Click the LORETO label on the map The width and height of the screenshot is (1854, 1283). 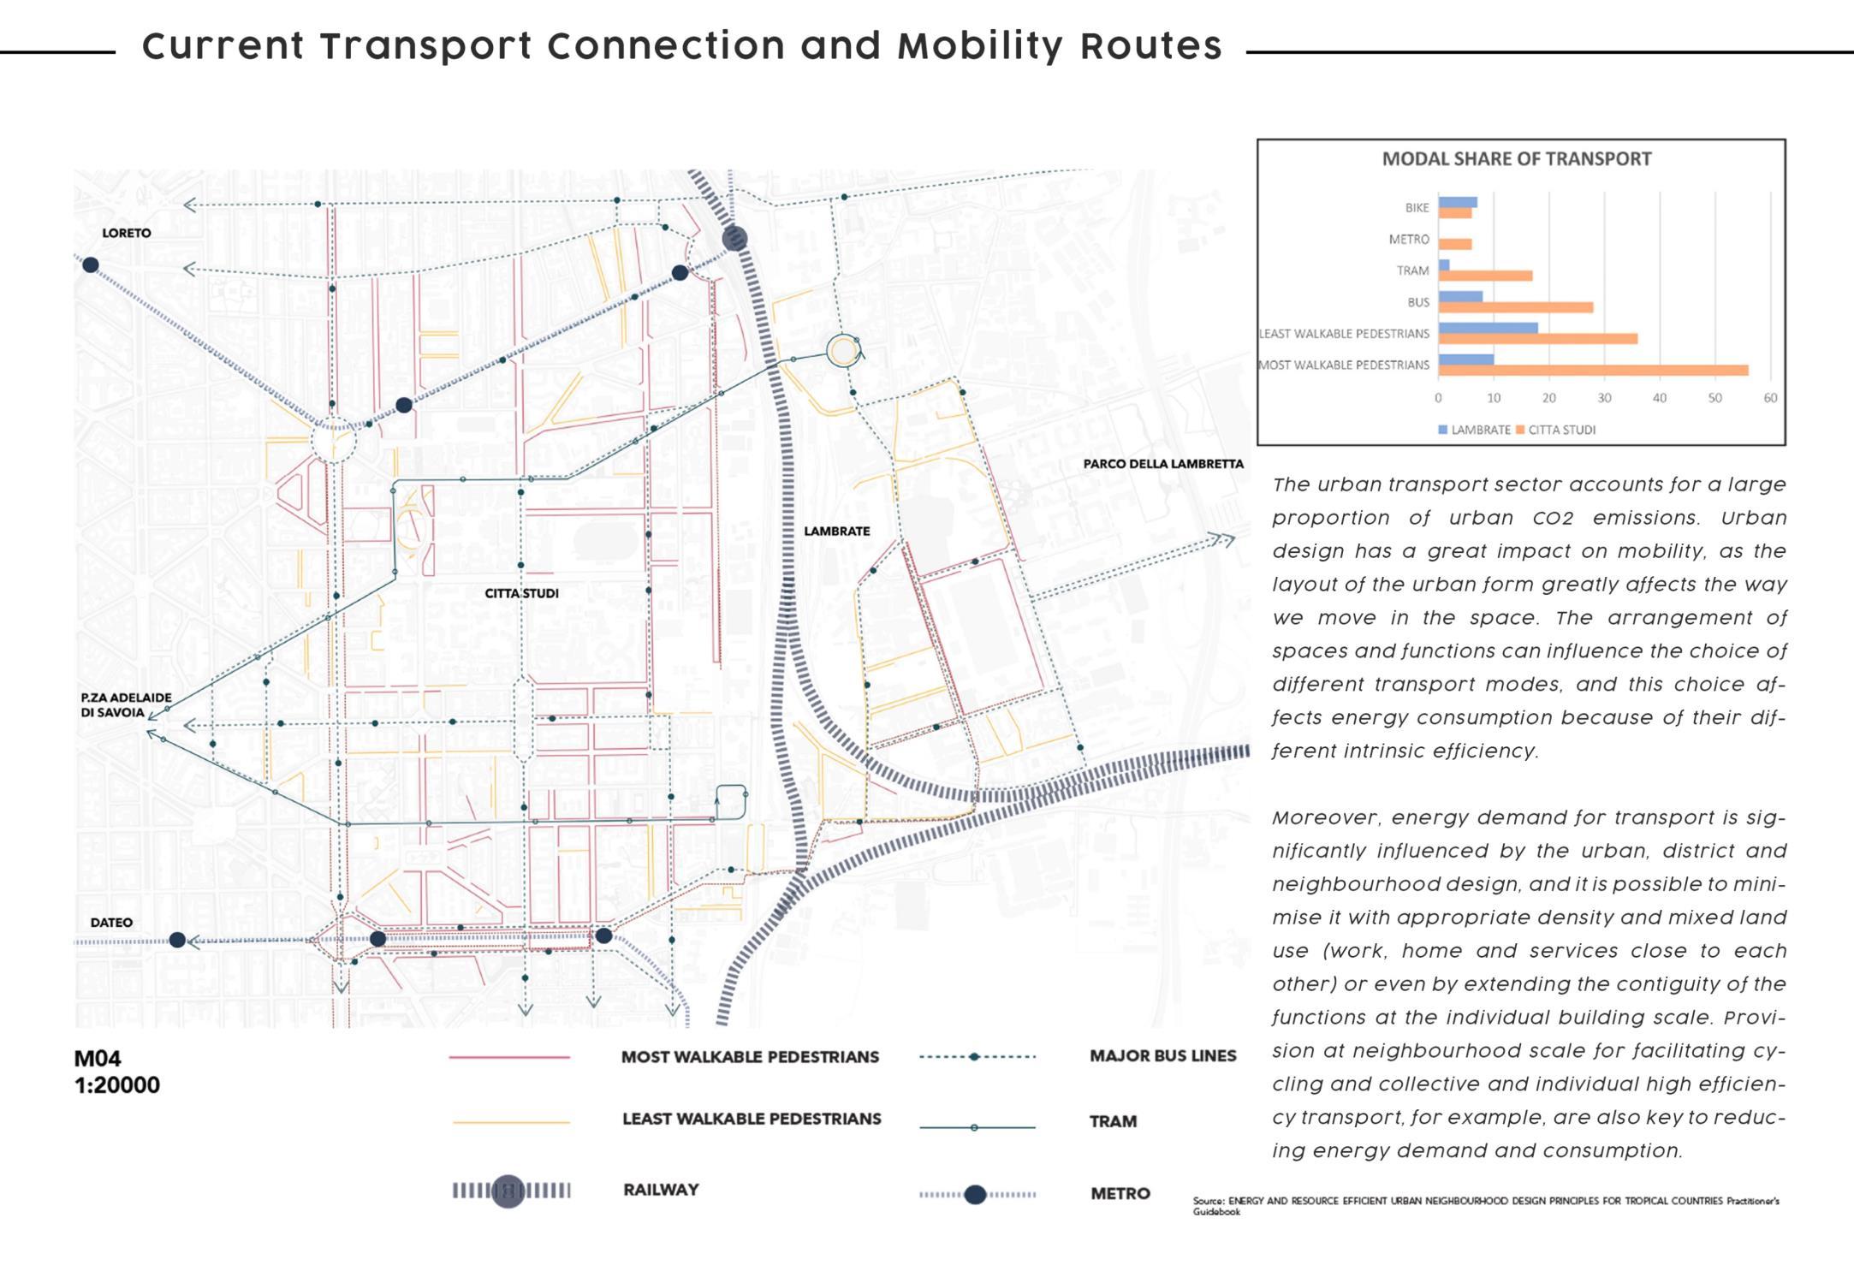pyautogui.click(x=126, y=233)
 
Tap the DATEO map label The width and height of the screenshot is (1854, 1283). pyautogui.click(x=111, y=923)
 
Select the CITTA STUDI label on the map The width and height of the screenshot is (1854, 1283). pyautogui.click(x=521, y=593)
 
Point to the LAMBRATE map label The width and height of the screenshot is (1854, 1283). pyautogui.click(x=836, y=531)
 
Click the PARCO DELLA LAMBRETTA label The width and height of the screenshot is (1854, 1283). pyautogui.click(x=1162, y=464)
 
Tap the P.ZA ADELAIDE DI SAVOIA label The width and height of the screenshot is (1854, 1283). pyautogui.click(x=126, y=705)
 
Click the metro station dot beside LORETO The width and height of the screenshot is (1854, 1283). pyautogui.click(x=91, y=265)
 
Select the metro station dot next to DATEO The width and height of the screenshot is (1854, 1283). pyautogui.click(x=177, y=940)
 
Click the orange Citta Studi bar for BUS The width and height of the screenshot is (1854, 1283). pyautogui.click(x=1515, y=307)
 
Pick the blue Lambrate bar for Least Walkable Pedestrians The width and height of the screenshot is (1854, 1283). pyautogui.click(x=1488, y=328)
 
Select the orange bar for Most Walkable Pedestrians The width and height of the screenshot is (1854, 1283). pyautogui.click(x=1592, y=371)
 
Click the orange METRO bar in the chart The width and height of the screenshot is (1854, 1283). pyautogui.click(x=1454, y=244)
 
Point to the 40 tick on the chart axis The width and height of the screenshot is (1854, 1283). pyautogui.click(x=1659, y=398)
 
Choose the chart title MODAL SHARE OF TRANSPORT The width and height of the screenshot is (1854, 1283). pyautogui.click(x=1517, y=159)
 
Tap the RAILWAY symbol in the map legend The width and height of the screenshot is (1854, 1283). pyautogui.click(x=510, y=1191)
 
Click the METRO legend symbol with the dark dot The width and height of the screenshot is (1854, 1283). pyautogui.click(x=976, y=1195)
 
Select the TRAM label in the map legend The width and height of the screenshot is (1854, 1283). pyautogui.click(x=1113, y=1121)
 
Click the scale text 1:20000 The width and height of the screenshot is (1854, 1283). pyautogui.click(x=117, y=1085)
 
